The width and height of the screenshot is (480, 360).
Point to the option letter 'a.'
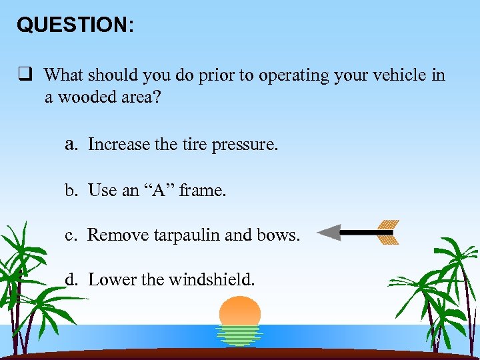tap(73, 144)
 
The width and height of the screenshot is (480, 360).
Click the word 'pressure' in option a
tap(243, 145)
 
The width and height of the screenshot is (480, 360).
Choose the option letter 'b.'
tap(72, 191)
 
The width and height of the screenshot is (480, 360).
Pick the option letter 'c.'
tap(72, 235)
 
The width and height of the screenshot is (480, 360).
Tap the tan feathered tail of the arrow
tap(387, 232)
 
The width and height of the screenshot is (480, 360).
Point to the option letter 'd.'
tap(72, 280)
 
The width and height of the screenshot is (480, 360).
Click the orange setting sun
tap(240, 310)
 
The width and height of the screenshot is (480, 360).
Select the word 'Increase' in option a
tap(119, 145)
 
